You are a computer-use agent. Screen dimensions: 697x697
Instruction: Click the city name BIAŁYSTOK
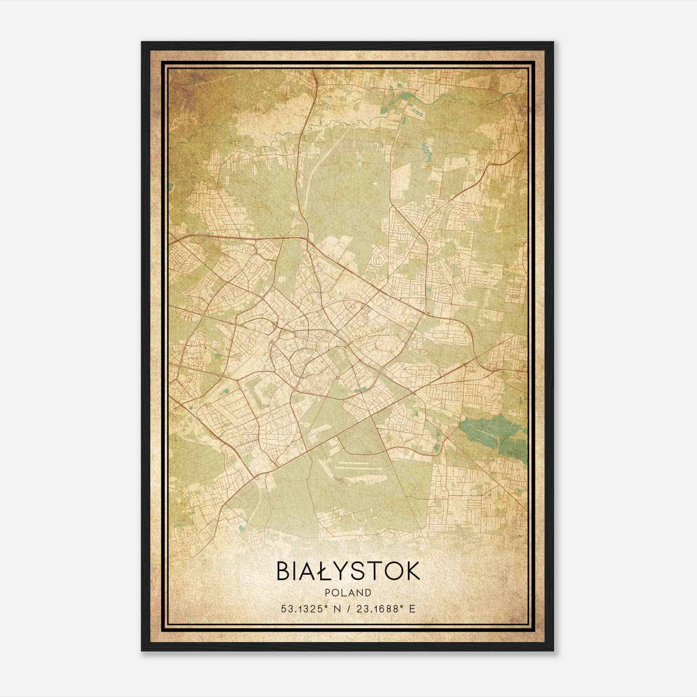348,571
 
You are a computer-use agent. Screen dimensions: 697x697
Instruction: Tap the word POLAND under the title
348,593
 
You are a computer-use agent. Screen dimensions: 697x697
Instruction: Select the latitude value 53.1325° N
310,609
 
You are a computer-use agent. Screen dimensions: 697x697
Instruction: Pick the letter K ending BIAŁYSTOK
411,571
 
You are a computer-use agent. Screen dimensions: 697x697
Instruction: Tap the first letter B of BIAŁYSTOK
283,571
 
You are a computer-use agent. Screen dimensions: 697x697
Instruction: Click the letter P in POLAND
327,593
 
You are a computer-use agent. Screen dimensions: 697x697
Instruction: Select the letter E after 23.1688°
412,609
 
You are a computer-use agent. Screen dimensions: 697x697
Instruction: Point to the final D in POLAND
369,593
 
